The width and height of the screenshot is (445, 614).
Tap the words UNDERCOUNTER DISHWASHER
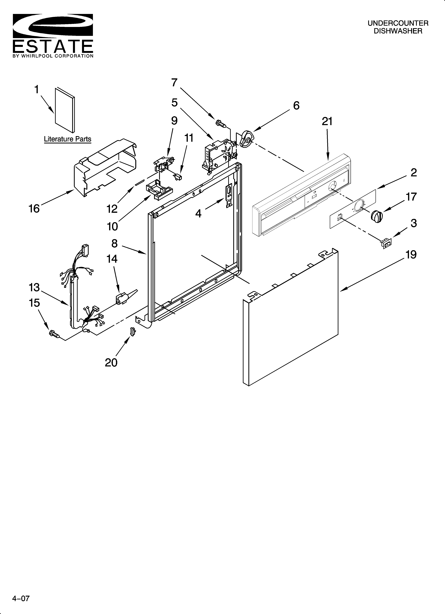398,27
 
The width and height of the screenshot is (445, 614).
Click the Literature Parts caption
68,139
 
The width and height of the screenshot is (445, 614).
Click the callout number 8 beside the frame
114,243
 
